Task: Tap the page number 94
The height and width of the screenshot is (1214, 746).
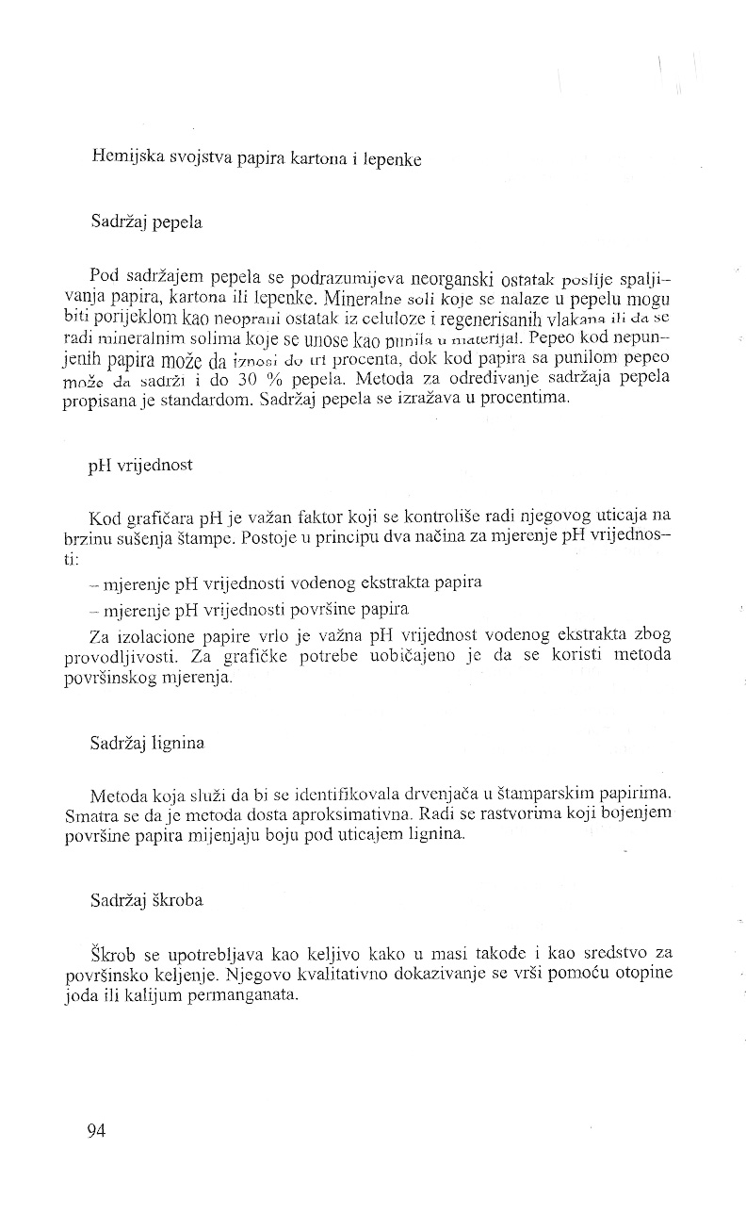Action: [95, 1132]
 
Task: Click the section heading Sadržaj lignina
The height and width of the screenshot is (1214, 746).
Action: [148, 742]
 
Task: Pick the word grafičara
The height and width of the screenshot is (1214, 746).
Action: [158, 517]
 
